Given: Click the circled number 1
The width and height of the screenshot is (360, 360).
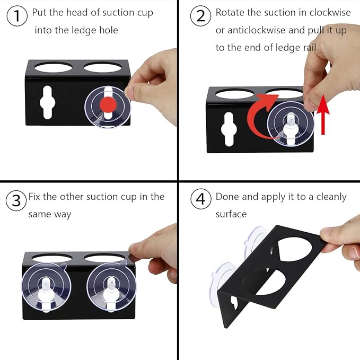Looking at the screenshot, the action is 17,16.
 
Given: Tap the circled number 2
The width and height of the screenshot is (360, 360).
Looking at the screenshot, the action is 200,16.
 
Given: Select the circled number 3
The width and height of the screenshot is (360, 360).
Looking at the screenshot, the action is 16,200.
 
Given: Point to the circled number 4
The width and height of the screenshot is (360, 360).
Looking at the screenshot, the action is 201,199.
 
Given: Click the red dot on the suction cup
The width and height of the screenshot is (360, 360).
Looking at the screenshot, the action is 108,104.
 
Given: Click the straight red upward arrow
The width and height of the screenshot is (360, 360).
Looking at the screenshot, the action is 323,114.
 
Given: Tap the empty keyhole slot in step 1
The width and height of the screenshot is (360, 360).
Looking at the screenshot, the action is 47,102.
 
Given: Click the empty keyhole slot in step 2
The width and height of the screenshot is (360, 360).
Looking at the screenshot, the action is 229,129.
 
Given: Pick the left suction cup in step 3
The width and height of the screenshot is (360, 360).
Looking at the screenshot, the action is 46,287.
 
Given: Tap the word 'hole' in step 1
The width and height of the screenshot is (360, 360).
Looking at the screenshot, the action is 108,30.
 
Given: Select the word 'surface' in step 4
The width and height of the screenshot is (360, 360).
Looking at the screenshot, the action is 231,214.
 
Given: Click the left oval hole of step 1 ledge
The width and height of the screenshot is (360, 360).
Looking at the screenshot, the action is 53,67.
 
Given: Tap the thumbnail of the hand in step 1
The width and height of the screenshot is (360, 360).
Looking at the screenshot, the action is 129,91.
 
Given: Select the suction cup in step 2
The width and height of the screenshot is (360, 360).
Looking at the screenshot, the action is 291,124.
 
